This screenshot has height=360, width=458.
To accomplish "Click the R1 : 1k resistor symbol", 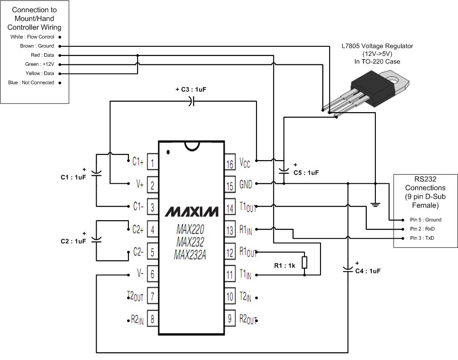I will point(305,263).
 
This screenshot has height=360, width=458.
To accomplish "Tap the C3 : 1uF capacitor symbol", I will point(191,102).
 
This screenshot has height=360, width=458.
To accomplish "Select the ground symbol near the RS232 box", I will point(375,204).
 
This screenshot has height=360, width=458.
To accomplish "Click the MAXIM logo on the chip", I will point(191,212).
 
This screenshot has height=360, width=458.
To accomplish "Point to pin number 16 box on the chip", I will point(230,163).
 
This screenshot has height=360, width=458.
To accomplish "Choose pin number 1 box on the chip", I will point(153,162).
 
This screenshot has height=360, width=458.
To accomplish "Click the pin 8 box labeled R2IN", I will point(153,319).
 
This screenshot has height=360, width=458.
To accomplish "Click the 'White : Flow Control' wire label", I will point(32,37).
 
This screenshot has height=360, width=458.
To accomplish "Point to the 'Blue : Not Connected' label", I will point(31,83).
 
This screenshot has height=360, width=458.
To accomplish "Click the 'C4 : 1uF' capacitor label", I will point(367,271).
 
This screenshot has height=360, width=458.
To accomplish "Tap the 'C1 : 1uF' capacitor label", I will point(73,177).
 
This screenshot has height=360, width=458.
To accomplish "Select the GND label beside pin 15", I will point(246,185).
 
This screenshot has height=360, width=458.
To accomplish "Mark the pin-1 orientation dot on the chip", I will point(168,152).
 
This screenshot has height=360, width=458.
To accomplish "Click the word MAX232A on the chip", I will point(190,256).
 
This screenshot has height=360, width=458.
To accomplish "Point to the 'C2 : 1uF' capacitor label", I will point(73,241).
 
